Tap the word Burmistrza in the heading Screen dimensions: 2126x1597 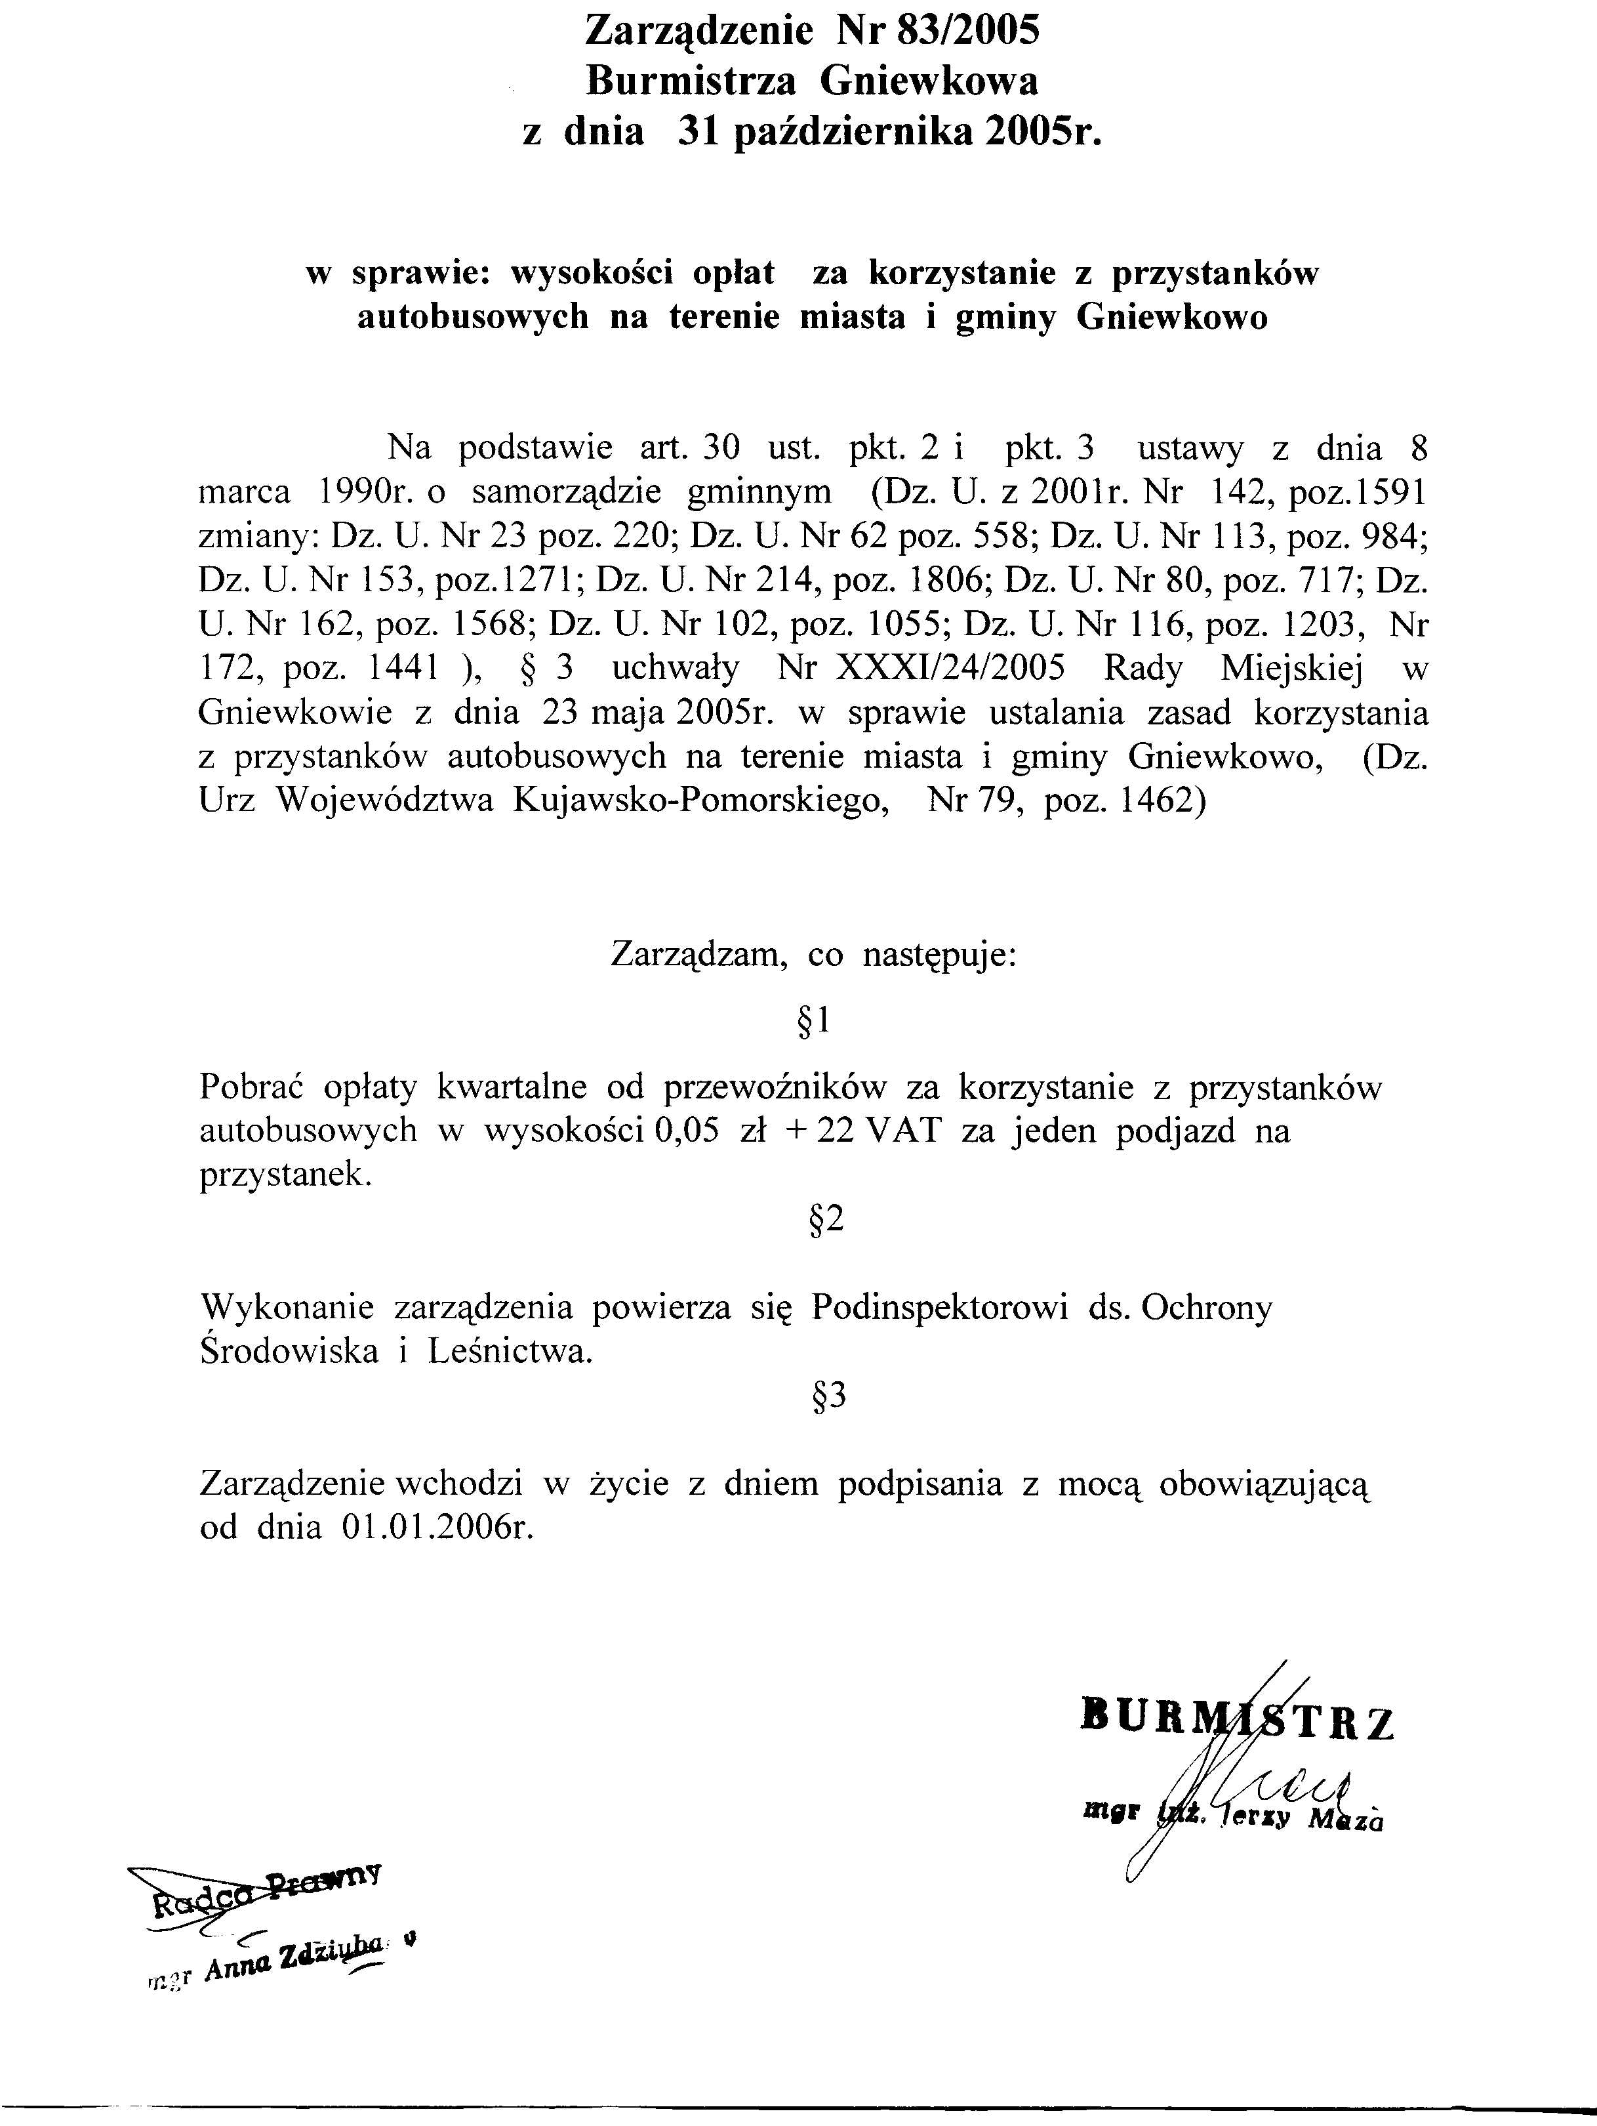point(691,82)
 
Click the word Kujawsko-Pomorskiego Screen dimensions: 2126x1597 point(700,801)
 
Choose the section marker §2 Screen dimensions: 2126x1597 point(826,1220)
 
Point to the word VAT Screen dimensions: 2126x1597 point(902,1131)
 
